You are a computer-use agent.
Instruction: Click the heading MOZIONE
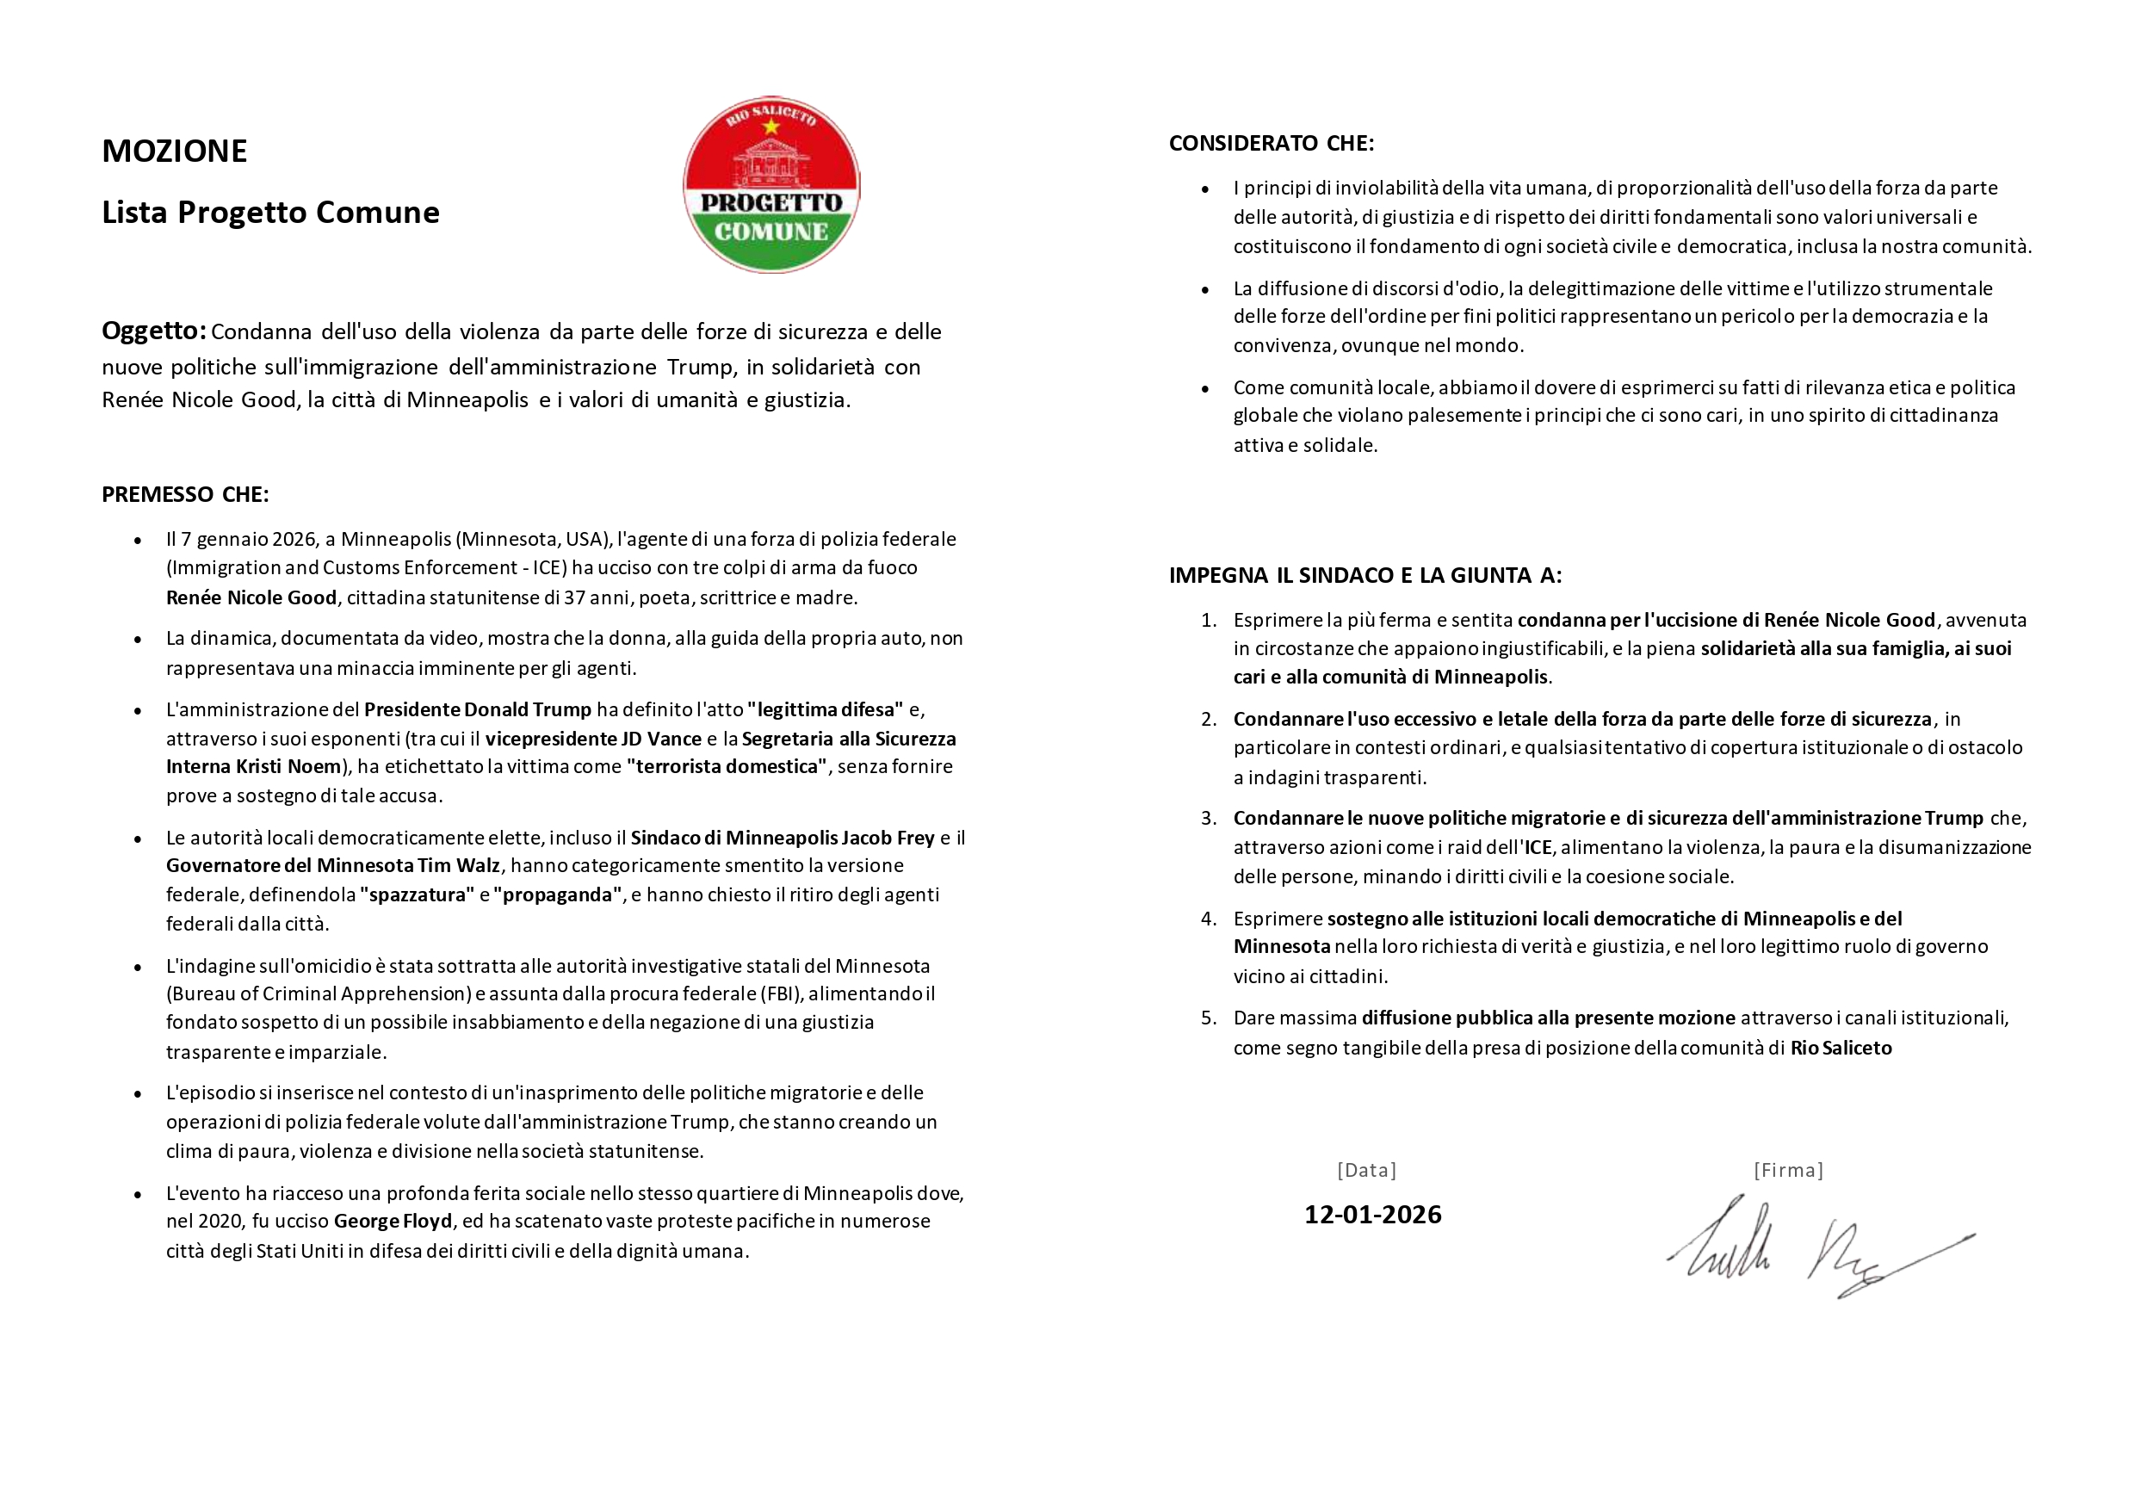(x=174, y=151)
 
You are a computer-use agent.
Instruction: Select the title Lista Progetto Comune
(x=269, y=212)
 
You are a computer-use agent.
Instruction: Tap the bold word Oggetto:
(x=153, y=330)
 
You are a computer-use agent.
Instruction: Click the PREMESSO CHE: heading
(x=185, y=495)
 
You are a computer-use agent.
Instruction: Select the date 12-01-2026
(x=1372, y=1215)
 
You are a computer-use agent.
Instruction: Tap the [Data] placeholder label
(x=1366, y=1170)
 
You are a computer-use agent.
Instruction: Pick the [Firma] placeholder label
(x=1787, y=1170)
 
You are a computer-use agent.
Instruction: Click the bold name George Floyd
(x=393, y=1221)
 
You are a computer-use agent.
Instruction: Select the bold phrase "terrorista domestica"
(x=727, y=766)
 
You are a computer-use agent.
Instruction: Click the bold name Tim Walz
(x=459, y=866)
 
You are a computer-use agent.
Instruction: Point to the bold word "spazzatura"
(x=417, y=894)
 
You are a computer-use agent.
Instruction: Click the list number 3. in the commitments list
(x=1208, y=818)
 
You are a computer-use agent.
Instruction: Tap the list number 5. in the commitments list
(x=1208, y=1018)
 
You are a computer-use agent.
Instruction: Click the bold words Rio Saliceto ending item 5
(x=1841, y=1048)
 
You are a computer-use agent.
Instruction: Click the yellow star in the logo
(x=770, y=127)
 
